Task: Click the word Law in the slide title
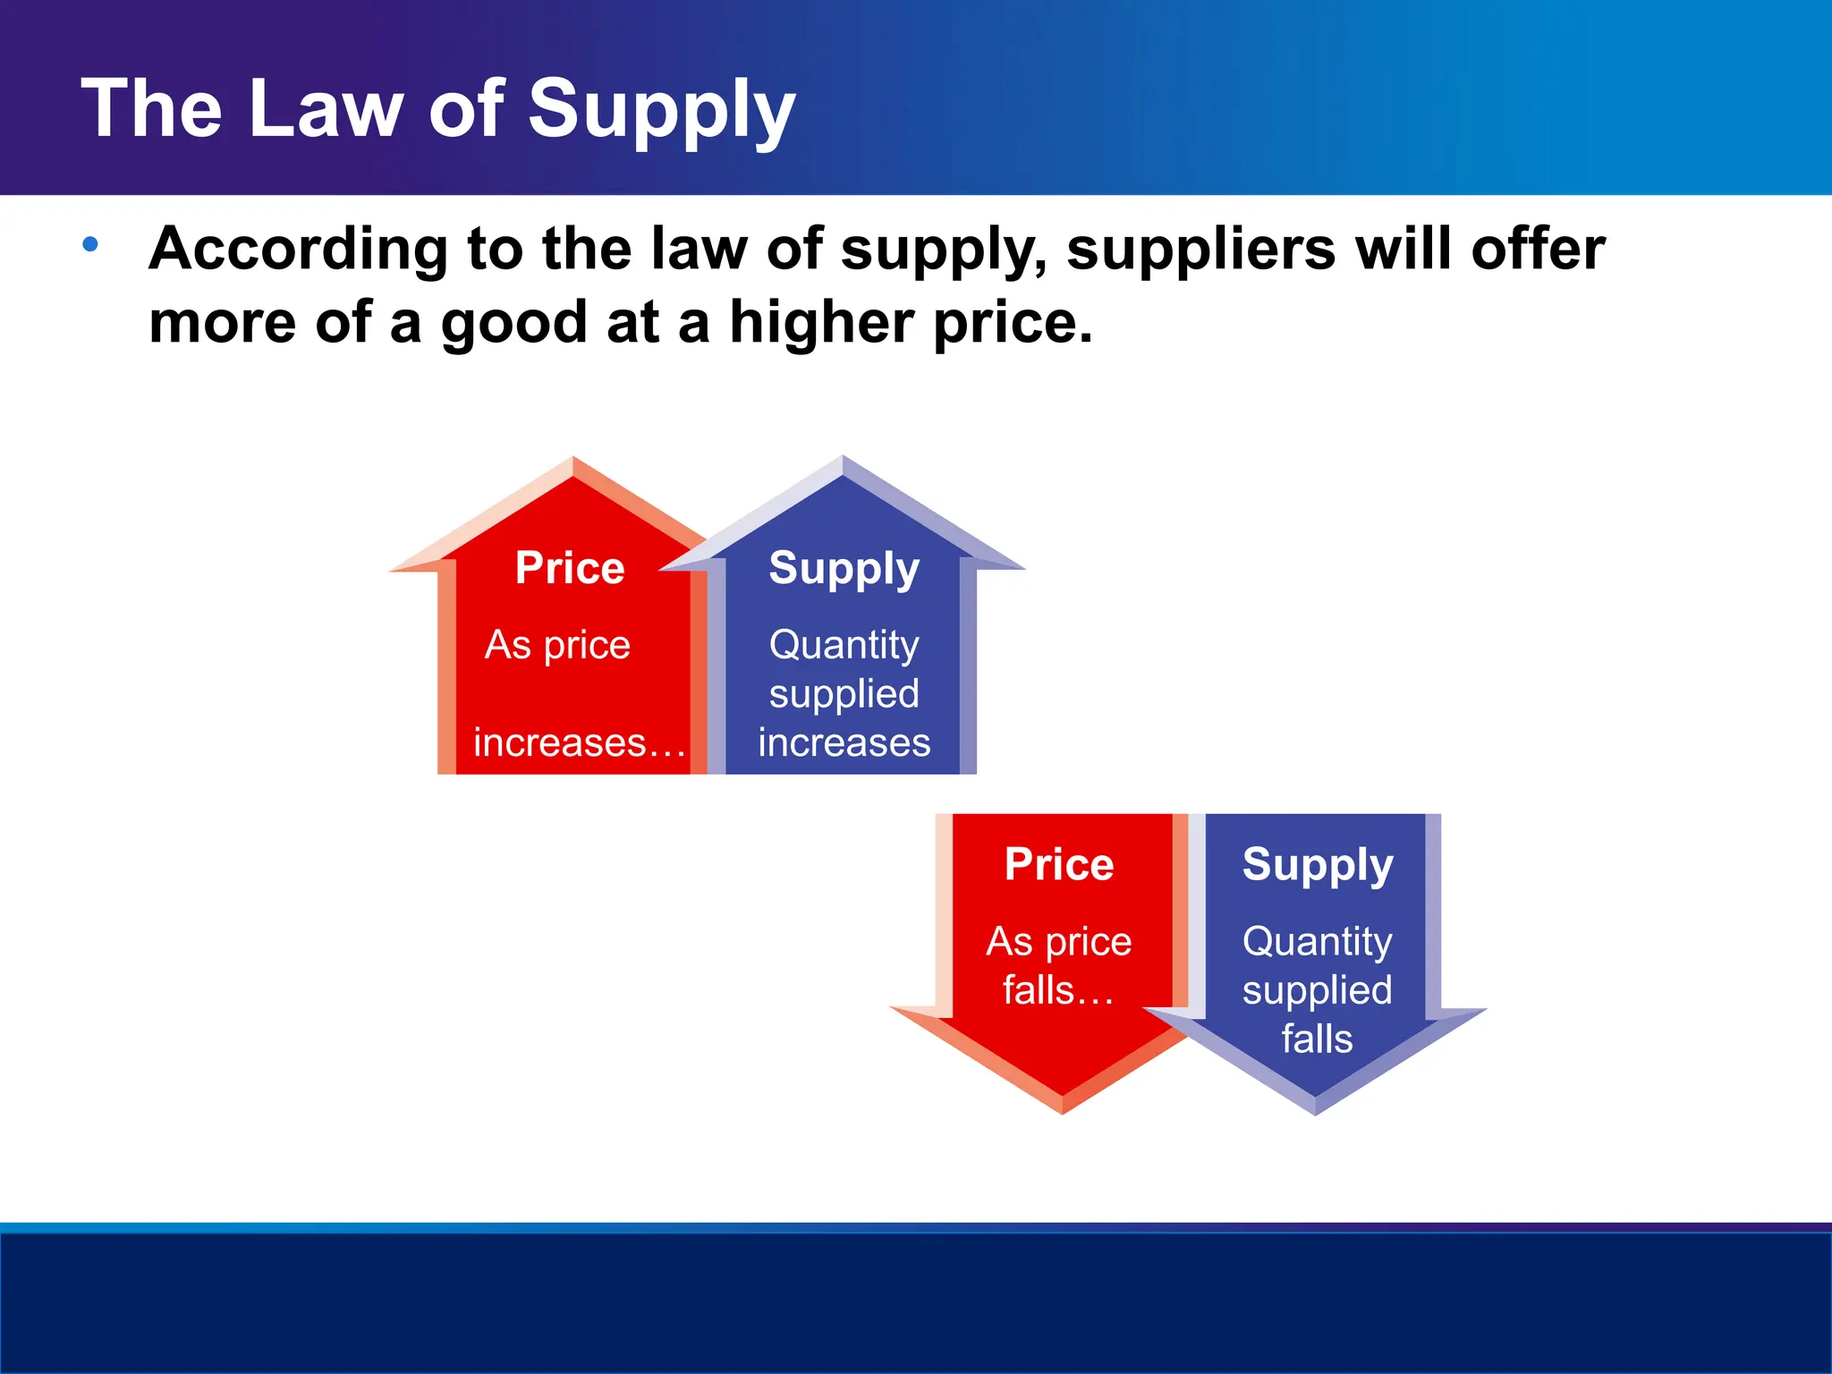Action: click(327, 109)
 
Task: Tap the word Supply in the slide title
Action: click(661, 111)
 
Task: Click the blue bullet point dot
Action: click(90, 243)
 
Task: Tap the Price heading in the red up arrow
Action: click(570, 568)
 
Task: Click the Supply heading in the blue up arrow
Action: click(844, 569)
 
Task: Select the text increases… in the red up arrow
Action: click(579, 742)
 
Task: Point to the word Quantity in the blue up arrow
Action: click(844, 645)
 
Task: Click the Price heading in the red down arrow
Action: click(1059, 864)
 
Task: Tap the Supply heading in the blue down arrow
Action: click(1318, 865)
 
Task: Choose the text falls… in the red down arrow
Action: click(1058, 990)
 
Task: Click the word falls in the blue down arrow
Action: click(1317, 1039)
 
